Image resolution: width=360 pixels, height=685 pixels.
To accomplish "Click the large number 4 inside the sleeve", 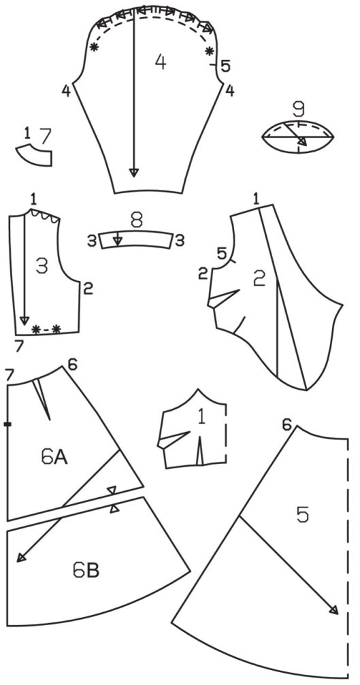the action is point(161,62).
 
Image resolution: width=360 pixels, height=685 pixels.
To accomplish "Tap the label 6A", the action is point(54,457).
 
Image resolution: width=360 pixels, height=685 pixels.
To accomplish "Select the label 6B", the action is point(86,571).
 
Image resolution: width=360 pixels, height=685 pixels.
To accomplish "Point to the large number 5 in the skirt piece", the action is point(302,515).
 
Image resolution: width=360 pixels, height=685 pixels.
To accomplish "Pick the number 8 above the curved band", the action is point(137,220).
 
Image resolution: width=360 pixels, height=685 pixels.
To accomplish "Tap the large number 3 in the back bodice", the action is point(42,266).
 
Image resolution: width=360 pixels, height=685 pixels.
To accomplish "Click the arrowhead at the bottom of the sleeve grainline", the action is point(133,172).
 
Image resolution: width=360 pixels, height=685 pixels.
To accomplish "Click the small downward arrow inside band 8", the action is point(116,239).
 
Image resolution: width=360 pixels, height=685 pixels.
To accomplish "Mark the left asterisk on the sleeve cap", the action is point(93,48).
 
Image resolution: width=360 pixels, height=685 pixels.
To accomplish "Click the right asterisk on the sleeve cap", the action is point(210,50).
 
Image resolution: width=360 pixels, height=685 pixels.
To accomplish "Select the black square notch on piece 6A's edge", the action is point(7,424).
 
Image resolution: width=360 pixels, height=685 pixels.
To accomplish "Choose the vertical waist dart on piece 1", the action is point(200,451).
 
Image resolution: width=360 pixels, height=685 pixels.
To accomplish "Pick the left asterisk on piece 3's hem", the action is point(36,329).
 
